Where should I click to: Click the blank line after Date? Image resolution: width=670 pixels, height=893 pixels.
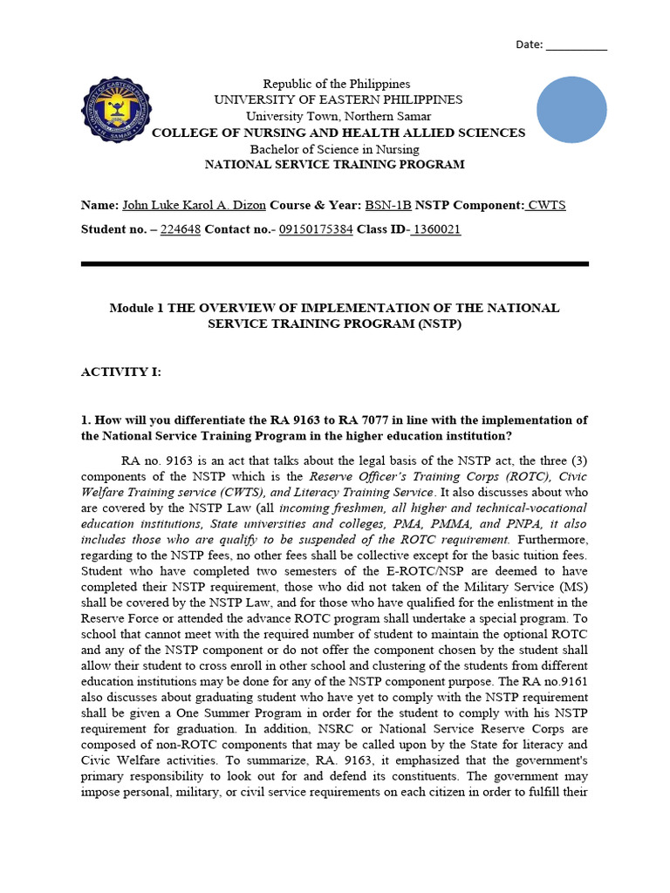(576, 45)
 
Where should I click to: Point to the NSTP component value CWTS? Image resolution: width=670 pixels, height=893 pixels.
(546, 205)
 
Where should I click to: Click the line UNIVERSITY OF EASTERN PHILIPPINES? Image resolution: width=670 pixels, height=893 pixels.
(338, 100)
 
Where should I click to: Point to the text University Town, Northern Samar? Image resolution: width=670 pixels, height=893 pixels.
(338, 116)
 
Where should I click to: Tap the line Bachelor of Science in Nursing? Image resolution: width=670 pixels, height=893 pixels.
(334, 148)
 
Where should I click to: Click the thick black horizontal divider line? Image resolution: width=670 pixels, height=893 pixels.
(334, 263)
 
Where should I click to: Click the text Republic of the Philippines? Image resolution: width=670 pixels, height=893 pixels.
(337, 84)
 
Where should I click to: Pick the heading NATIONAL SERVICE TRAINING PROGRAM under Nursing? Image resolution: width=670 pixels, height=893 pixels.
(334, 164)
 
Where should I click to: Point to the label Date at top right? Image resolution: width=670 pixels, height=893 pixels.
(529, 44)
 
